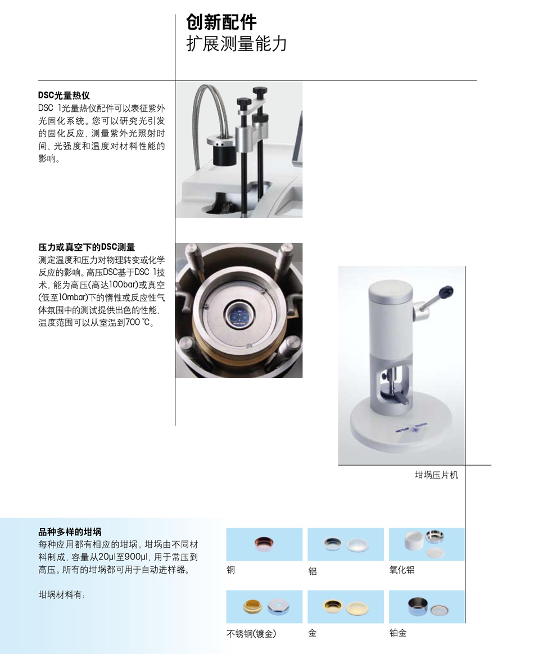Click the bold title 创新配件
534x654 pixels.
click(221, 22)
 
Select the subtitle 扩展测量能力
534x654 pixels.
click(237, 44)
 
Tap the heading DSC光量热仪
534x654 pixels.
click(64, 96)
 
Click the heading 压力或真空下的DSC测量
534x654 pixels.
click(87, 247)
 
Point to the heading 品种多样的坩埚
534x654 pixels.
click(70, 532)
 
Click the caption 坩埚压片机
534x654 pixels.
click(436, 475)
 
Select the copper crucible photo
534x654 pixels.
click(264, 544)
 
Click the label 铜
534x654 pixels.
click(230, 570)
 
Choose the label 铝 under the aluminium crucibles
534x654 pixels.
click(312, 571)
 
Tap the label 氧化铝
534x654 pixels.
click(402, 570)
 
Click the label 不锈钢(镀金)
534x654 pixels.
click(251, 634)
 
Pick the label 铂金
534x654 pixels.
click(397, 633)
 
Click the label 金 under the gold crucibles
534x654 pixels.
click(312, 633)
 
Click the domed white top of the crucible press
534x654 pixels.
click(390, 288)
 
